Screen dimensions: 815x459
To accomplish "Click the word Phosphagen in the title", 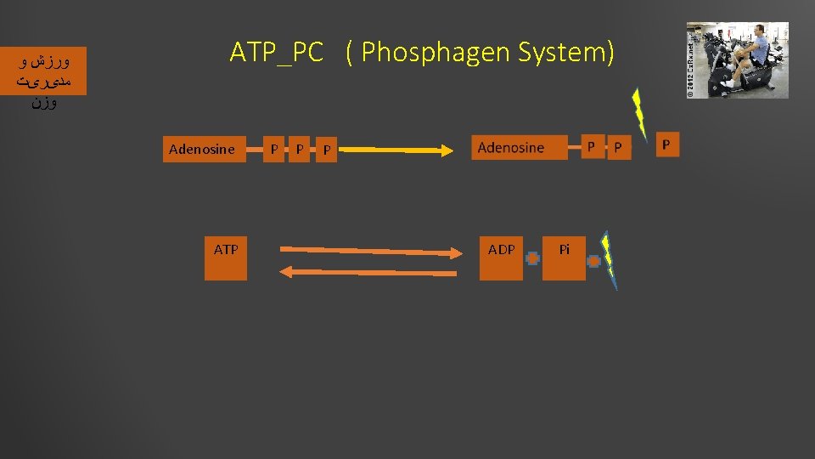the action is (426, 53).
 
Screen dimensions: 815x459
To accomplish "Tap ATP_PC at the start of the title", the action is (277, 53).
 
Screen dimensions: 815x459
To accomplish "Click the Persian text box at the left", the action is (44, 82).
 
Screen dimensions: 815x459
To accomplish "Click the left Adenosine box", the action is (202, 150).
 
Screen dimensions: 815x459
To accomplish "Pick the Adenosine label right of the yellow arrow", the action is (511, 148).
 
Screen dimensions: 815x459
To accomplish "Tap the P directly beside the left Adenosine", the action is (273, 150).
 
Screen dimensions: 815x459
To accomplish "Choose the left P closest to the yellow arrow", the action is (326, 151).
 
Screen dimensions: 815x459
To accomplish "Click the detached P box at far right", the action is (666, 144).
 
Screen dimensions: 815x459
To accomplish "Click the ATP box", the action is (226, 256).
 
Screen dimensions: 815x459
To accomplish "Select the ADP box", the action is (501, 256).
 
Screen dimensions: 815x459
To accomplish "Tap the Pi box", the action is (564, 256).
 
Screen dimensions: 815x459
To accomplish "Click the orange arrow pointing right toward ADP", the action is (368, 252).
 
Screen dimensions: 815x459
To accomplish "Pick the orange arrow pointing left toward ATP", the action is (368, 272).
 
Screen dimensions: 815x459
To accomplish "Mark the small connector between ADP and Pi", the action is (532, 258).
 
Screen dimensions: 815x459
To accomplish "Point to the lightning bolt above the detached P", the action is (639, 115).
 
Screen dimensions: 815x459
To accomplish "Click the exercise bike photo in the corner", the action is (737, 60).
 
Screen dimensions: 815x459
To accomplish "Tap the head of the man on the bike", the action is (759, 31).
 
